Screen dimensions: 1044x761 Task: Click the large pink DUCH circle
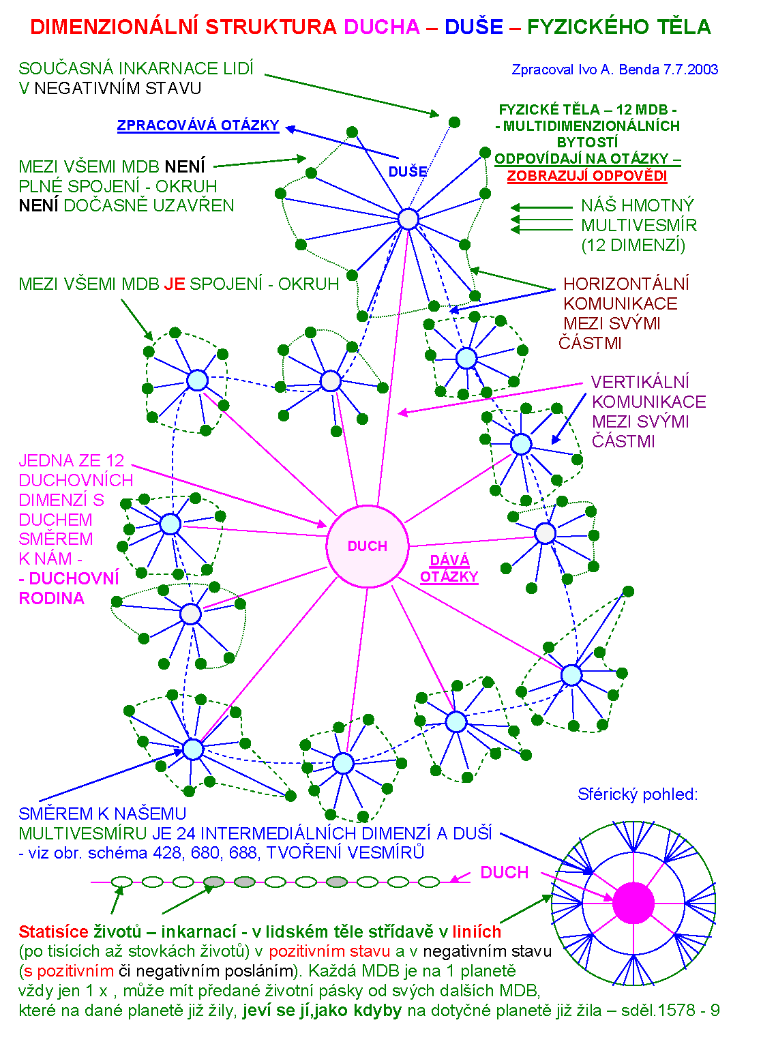(x=368, y=546)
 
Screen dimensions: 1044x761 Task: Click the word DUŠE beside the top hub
(x=407, y=172)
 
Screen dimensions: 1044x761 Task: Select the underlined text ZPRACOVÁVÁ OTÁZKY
(x=198, y=125)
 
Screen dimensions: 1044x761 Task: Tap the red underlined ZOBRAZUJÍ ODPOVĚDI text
(x=586, y=175)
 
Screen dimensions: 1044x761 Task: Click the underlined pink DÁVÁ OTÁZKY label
(x=449, y=569)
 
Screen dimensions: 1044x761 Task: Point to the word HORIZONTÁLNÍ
(x=626, y=284)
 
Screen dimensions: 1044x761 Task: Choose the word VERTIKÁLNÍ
(x=640, y=382)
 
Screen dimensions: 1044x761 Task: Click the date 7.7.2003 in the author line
(x=691, y=70)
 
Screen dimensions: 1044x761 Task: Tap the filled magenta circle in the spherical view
(x=633, y=903)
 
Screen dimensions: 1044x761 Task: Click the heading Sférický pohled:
(x=637, y=794)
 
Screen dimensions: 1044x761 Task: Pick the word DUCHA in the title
(x=382, y=27)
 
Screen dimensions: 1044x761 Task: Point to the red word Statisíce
(x=53, y=931)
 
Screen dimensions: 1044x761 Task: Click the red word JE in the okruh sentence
(x=175, y=284)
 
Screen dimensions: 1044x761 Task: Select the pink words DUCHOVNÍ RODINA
(x=68, y=588)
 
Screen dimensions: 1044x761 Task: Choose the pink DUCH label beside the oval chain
(x=504, y=873)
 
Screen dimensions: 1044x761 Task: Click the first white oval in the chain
(x=121, y=882)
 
